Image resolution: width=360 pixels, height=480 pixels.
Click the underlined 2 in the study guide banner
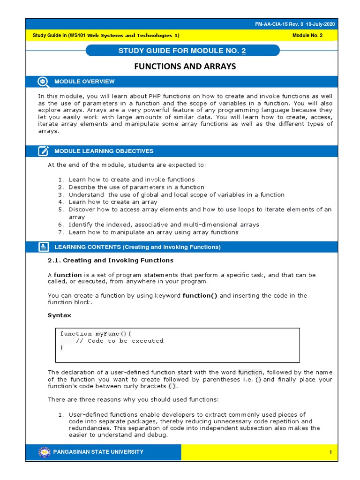coord(243,51)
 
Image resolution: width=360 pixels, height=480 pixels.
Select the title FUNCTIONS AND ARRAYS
coord(185,67)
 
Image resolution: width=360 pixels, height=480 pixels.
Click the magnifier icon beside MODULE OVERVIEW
coord(43,82)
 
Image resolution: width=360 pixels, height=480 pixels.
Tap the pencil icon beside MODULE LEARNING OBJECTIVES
coord(43,151)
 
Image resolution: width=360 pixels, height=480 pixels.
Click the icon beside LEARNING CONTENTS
coord(43,247)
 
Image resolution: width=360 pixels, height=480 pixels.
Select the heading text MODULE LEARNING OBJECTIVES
coord(104,151)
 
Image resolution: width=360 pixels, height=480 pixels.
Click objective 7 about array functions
coord(153,232)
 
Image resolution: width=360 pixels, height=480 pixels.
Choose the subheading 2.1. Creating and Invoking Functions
coord(110,260)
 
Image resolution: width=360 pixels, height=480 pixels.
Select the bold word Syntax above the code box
coord(60,315)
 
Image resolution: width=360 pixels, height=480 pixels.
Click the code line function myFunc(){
coord(96,334)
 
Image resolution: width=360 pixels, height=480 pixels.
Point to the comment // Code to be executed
coord(120,341)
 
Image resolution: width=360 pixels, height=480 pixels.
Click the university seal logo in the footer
coord(44,452)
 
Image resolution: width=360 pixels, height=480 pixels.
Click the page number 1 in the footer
coord(330,452)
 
